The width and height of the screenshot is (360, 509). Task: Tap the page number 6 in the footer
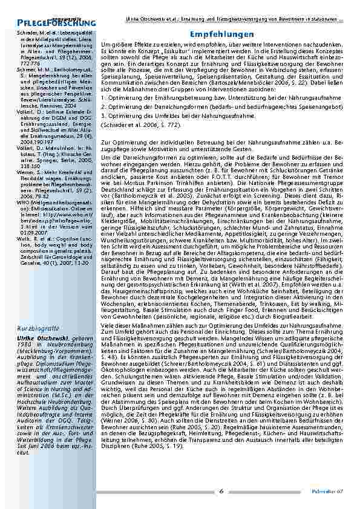point(221,490)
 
